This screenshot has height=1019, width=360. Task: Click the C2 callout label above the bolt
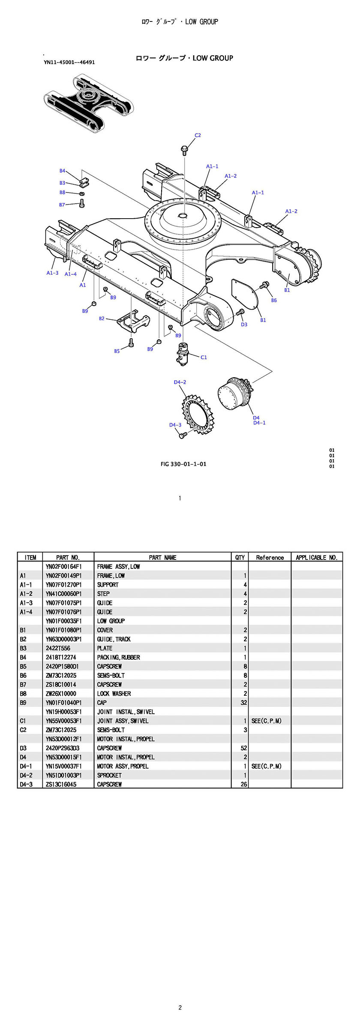tap(198, 135)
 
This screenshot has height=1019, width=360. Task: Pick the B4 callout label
tap(62, 171)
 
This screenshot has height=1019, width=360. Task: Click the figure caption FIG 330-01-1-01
tap(183, 464)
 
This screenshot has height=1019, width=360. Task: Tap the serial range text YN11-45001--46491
tap(69, 62)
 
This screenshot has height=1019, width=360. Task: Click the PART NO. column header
tap(68, 557)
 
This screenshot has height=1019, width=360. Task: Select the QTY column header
tap(240, 557)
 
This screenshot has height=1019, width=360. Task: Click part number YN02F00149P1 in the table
tap(64, 576)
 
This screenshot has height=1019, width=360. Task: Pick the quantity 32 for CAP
tap(244, 703)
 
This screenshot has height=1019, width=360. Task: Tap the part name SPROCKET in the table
tap(109, 775)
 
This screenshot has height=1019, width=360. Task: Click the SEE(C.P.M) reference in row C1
tap(267, 721)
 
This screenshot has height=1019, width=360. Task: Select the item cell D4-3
tap(26, 784)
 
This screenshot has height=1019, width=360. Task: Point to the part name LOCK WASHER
tap(114, 694)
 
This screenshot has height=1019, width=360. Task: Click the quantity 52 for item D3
tap(244, 748)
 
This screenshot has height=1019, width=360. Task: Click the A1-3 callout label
tap(52, 273)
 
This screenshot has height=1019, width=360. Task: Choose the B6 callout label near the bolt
tap(274, 301)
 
